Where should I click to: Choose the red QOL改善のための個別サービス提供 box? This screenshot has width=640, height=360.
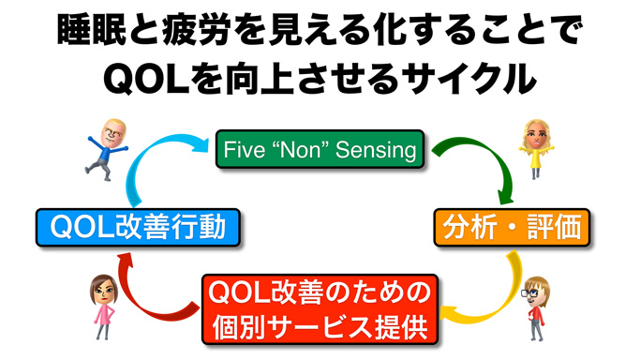pyautogui.click(x=318, y=308)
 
